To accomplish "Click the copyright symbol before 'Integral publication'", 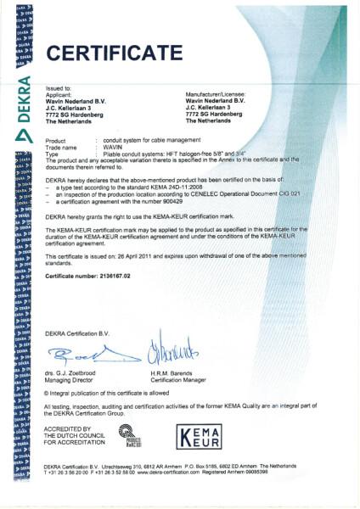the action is pyautogui.click(x=46, y=393).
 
